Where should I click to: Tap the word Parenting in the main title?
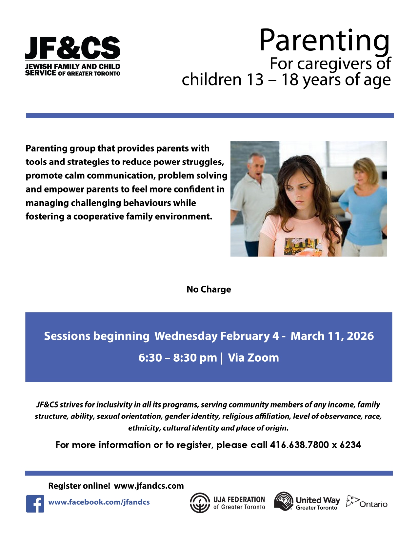point(324,41)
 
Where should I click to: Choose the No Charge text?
point(209,289)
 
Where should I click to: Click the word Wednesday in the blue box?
point(186,336)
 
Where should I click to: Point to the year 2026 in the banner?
point(360,336)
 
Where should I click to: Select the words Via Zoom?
point(253,358)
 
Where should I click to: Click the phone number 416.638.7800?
point(299,445)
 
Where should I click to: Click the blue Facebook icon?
point(35,503)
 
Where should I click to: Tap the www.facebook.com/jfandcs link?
point(99,502)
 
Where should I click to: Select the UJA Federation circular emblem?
point(200,503)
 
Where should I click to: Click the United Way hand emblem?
point(284,501)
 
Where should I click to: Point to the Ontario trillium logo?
point(352,501)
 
